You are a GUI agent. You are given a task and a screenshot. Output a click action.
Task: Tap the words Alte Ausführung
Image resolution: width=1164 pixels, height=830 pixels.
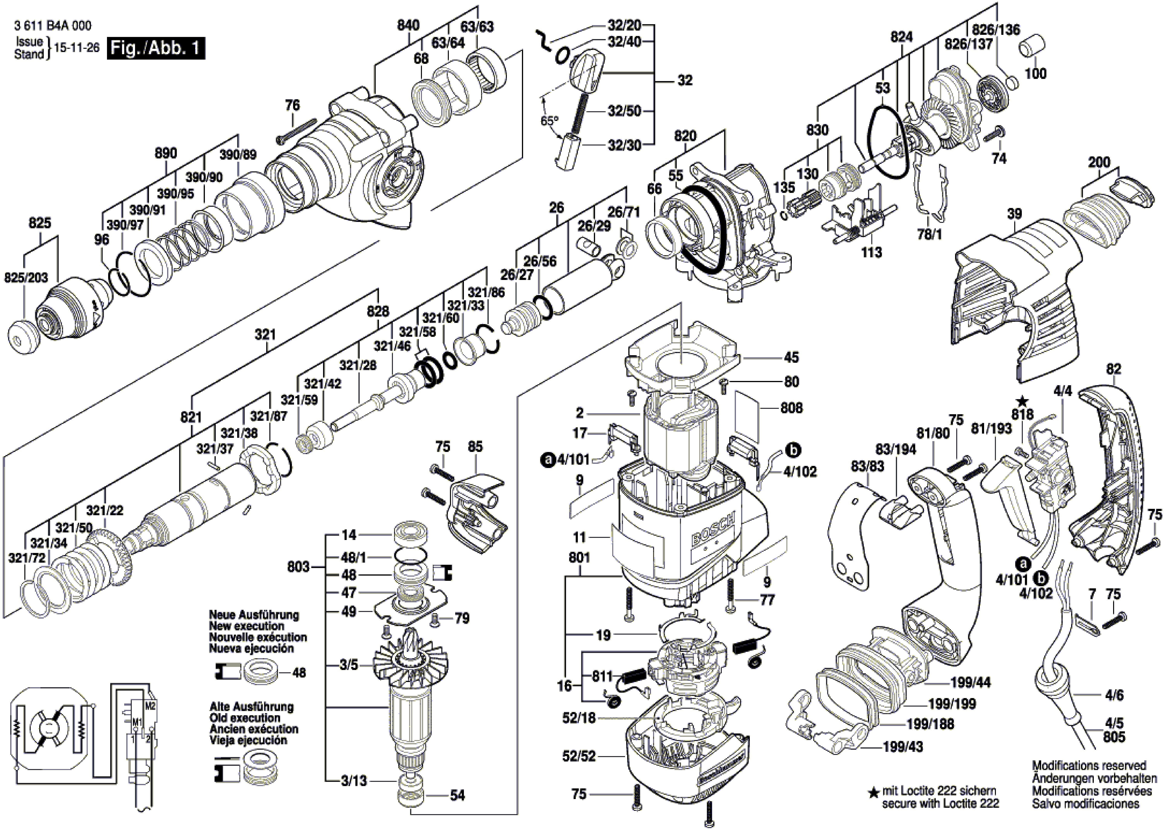(x=251, y=707)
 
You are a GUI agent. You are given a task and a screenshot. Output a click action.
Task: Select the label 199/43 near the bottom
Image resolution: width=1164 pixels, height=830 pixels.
(x=903, y=747)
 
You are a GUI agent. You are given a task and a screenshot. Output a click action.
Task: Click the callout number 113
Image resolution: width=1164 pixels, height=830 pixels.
(x=871, y=252)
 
